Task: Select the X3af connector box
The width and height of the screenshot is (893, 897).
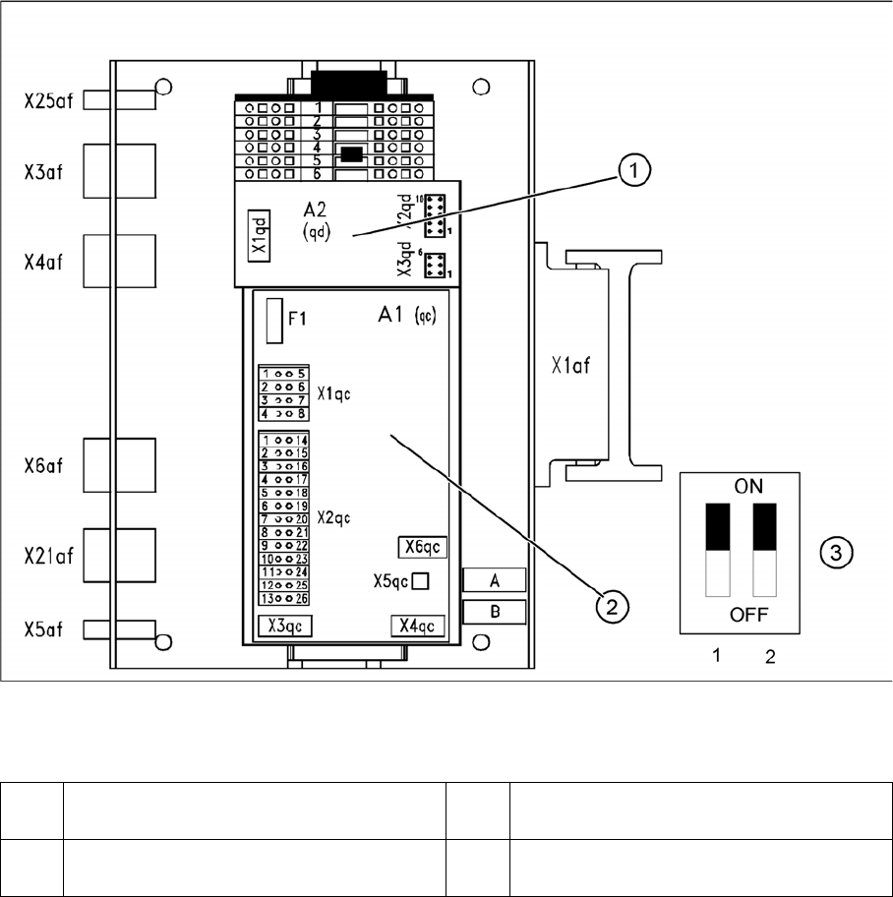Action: [119, 172]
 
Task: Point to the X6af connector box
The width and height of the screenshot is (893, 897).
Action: [119, 465]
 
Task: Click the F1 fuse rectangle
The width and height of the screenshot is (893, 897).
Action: [274, 320]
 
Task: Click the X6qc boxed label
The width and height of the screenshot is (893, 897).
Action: [423, 547]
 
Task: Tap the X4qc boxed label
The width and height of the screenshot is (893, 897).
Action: [418, 626]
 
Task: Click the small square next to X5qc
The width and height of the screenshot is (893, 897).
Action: [420, 580]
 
